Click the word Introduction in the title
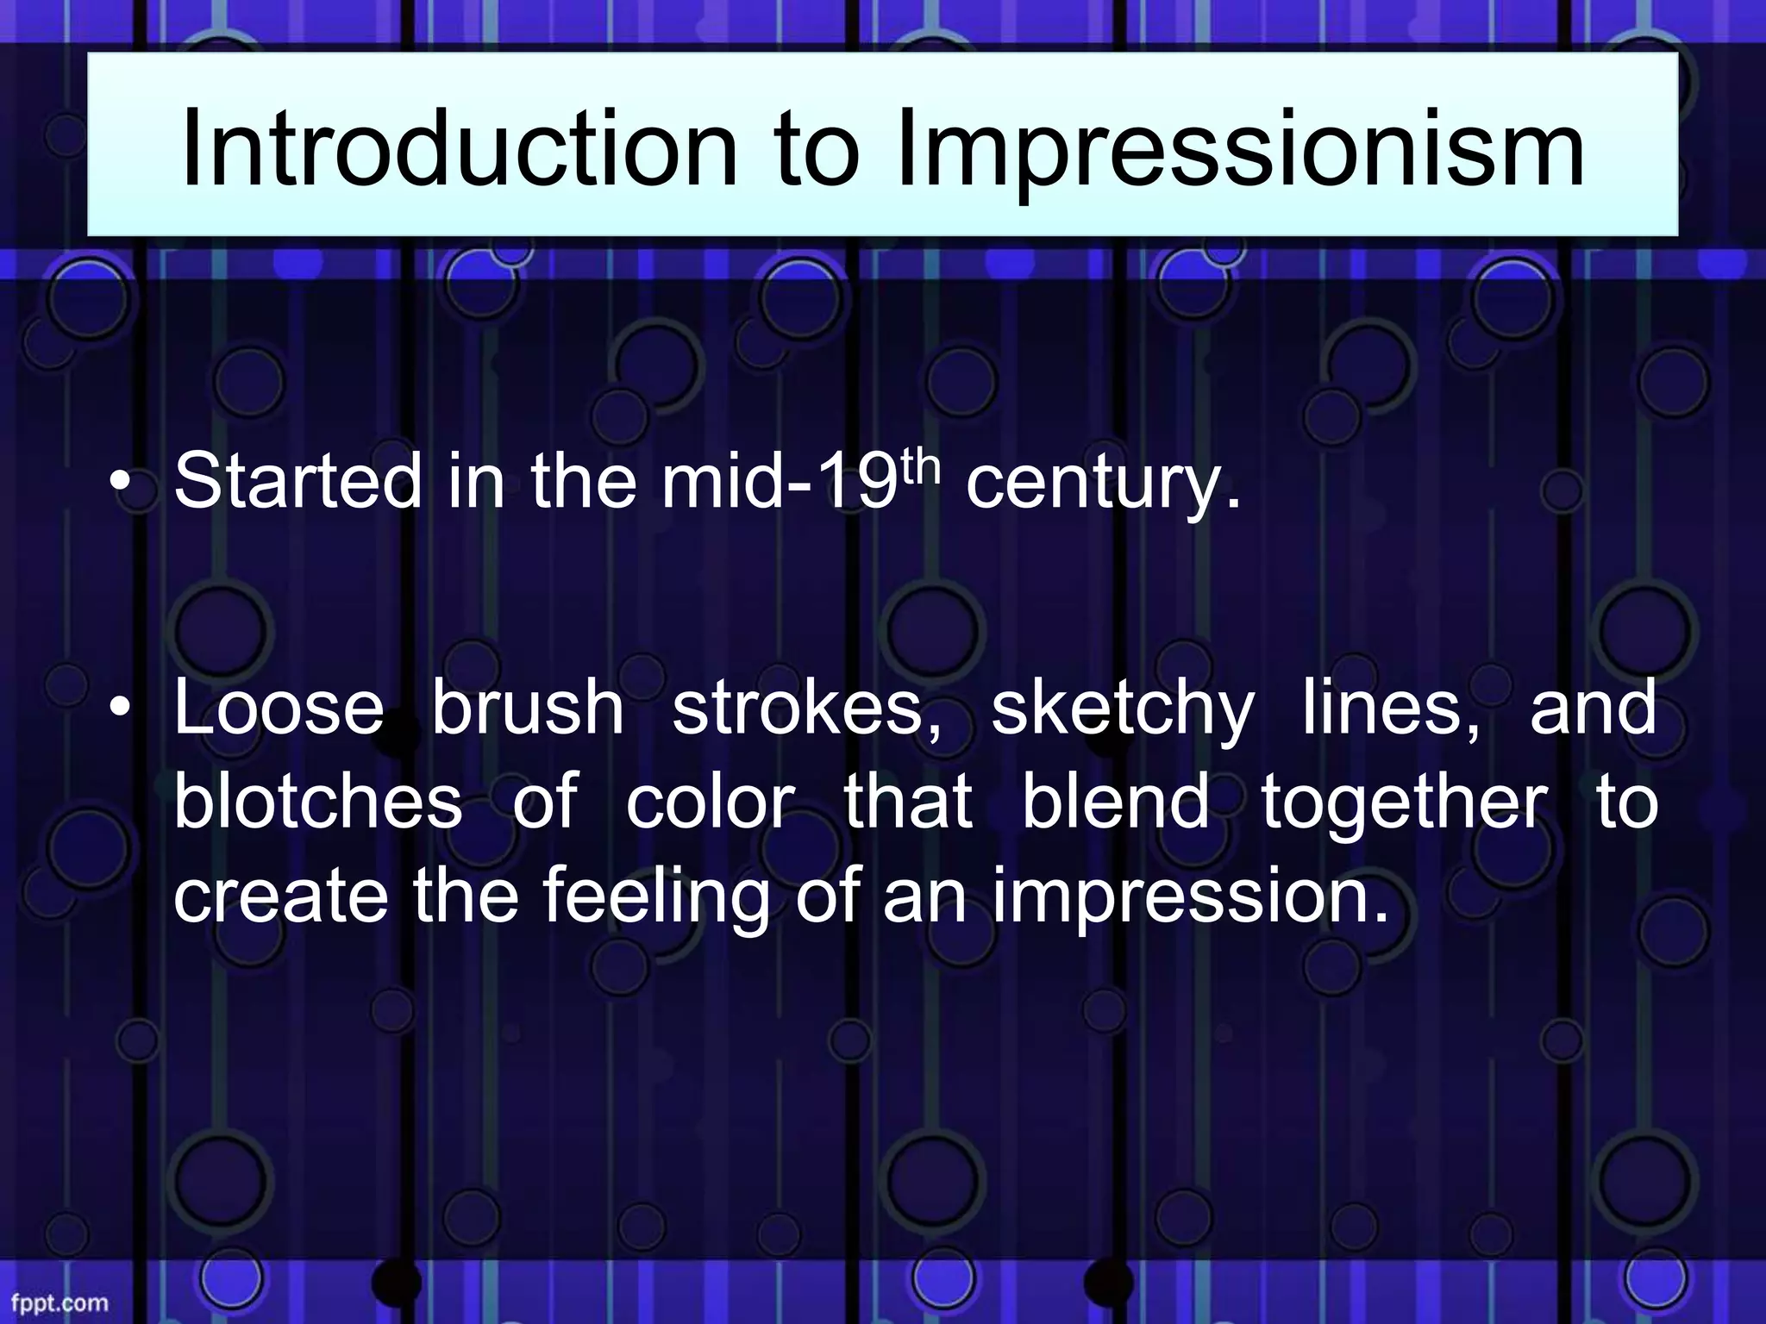coord(459,149)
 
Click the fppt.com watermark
coord(59,1302)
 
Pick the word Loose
coord(279,707)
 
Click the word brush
coord(528,707)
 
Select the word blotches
coord(317,802)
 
